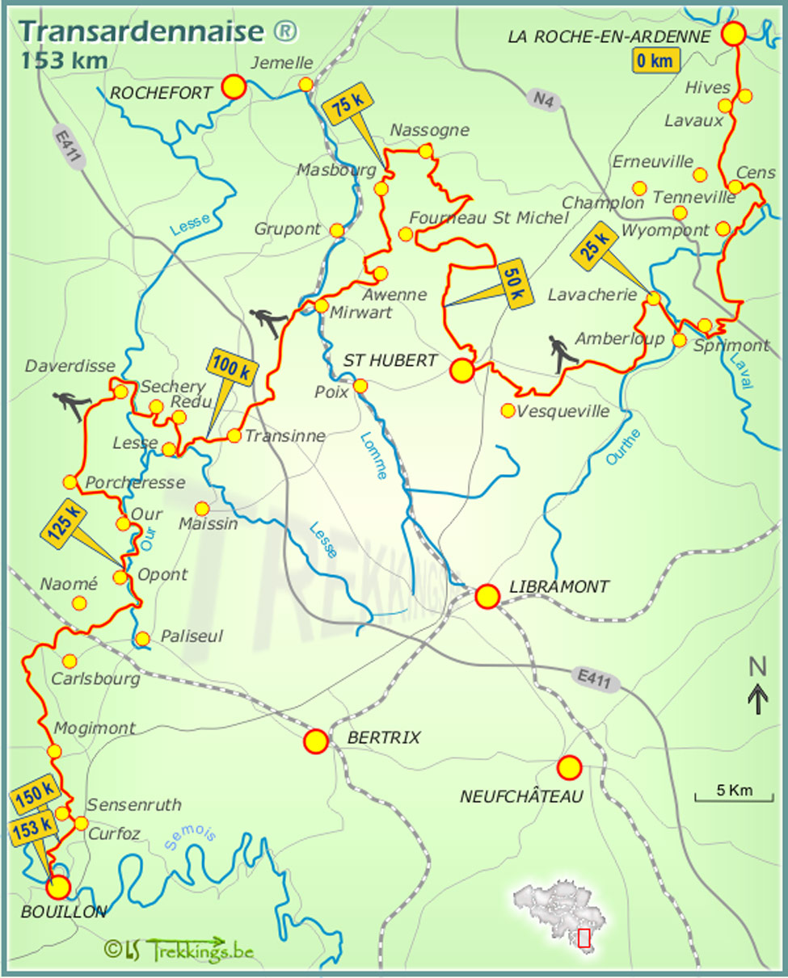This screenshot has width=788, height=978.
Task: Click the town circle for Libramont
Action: pyautogui.click(x=487, y=596)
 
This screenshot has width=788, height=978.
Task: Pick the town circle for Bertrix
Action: pyautogui.click(x=315, y=741)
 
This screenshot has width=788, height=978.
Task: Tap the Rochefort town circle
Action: pyautogui.click(x=234, y=86)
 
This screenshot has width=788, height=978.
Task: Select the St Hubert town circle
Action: pyautogui.click(x=461, y=371)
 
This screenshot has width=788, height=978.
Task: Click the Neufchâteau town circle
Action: pyautogui.click(x=569, y=767)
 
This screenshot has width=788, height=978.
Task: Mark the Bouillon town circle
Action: pyautogui.click(x=57, y=888)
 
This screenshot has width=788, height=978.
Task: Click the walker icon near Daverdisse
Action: pyautogui.click(x=70, y=403)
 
